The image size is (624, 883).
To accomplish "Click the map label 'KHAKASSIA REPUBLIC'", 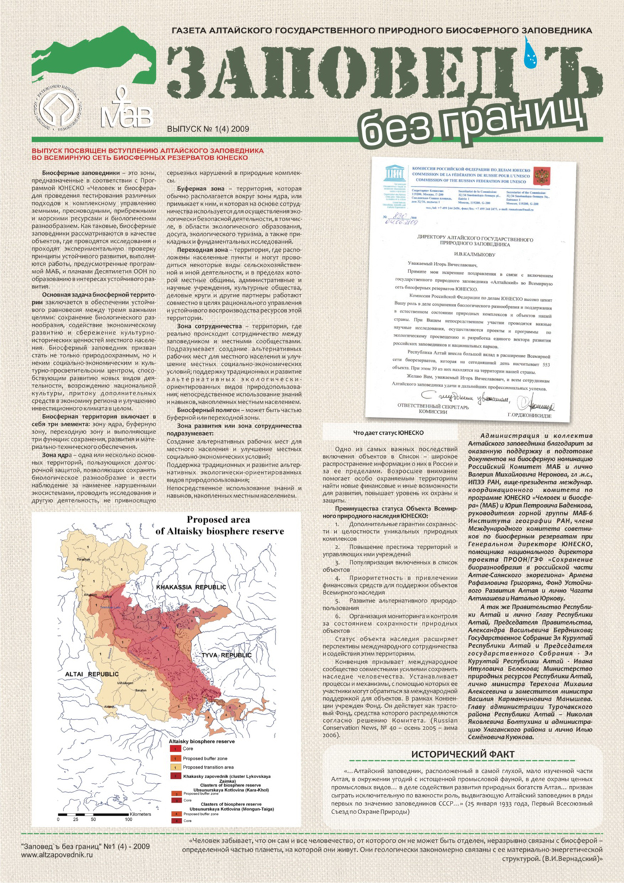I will click(x=190, y=586).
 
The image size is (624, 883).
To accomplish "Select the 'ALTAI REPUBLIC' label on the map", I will click(x=92, y=675).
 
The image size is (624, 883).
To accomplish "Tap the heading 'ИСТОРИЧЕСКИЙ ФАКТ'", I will click(x=462, y=755).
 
